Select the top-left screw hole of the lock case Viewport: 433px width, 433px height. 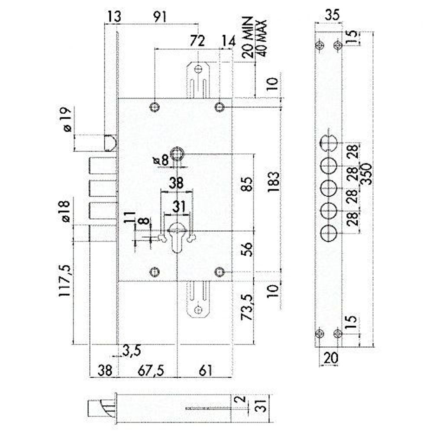click(x=155, y=107)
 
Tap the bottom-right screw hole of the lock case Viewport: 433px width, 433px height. click(x=220, y=271)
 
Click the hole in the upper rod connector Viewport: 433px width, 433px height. click(x=198, y=69)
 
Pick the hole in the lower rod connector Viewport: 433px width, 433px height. click(x=198, y=310)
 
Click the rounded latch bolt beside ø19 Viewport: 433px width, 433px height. click(x=111, y=143)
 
